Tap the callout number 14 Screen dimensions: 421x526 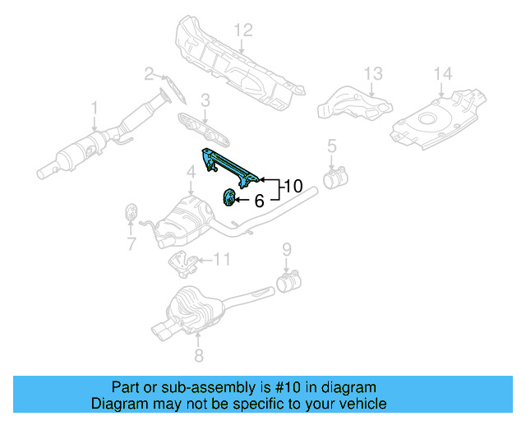[x=442, y=74]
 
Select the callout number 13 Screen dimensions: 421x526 [x=373, y=74]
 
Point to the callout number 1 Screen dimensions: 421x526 [x=94, y=107]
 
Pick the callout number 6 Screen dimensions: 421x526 [x=258, y=200]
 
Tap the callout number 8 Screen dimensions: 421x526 [x=197, y=355]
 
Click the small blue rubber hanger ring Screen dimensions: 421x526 [x=229, y=197]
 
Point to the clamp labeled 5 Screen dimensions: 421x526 [x=335, y=177]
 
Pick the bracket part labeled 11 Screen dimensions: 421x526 [x=182, y=266]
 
